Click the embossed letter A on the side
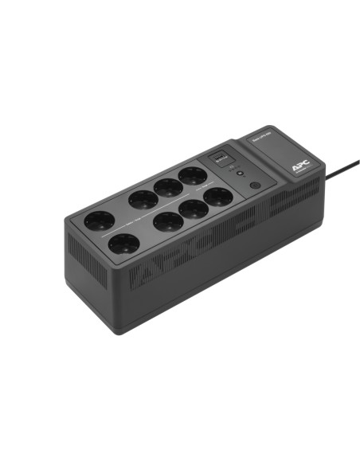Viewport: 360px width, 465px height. point(148,273)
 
